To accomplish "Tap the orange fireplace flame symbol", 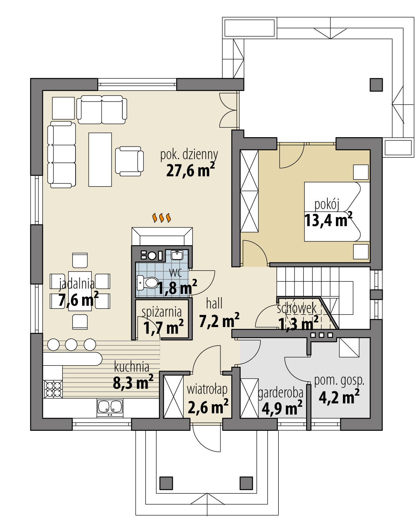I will (162, 218).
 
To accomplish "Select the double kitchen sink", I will (110, 406).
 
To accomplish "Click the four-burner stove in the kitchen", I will (53, 389).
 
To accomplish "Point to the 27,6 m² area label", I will (190, 170).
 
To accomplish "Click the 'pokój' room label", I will (327, 204).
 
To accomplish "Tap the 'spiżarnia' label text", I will (162, 312).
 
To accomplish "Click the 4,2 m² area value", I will (339, 397).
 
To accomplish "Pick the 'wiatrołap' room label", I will (207, 389).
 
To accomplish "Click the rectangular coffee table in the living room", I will (100, 159).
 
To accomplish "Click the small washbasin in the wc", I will (177, 255).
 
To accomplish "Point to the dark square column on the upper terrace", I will (376, 84).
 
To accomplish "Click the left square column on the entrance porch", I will (167, 483).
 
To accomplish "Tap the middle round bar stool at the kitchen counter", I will (71, 344).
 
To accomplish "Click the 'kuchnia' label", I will (132, 366).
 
